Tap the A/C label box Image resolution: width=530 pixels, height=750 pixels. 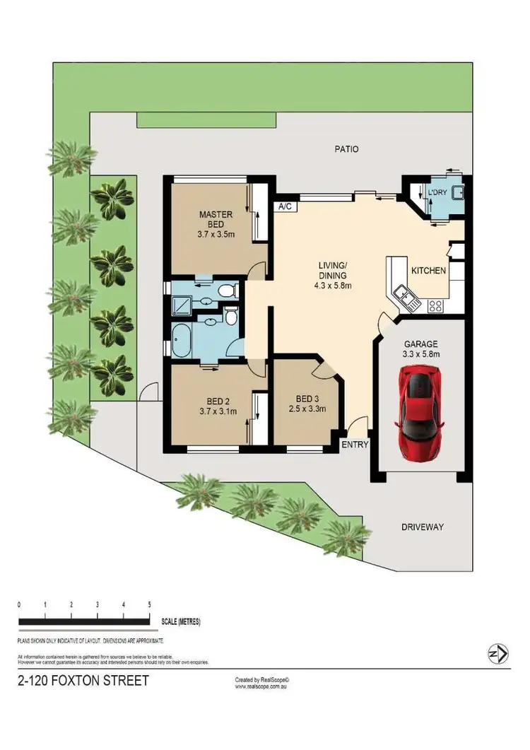pos(285,207)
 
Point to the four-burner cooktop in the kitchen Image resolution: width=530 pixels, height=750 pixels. pos(435,306)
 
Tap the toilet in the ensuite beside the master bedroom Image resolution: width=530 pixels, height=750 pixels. pos(226,291)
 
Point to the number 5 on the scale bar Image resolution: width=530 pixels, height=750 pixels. pos(149,605)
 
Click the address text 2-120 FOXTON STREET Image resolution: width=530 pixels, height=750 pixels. pos(83,681)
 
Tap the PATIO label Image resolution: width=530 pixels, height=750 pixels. pos(346,149)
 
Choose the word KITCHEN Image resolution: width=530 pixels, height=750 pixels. pos(428,271)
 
